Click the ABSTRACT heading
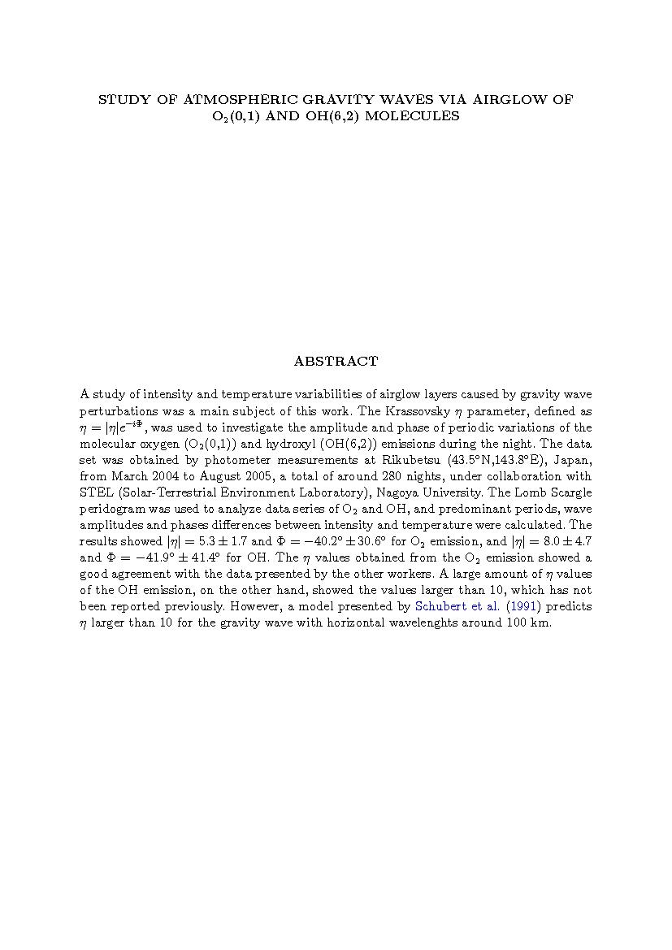336,362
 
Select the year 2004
166,476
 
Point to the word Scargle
569,492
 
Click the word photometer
219,460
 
